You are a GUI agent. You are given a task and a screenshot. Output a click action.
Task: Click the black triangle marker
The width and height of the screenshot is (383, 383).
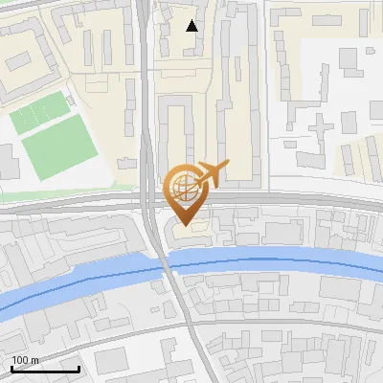(x=192, y=26)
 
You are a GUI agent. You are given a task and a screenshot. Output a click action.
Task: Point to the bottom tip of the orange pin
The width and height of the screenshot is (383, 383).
(x=186, y=225)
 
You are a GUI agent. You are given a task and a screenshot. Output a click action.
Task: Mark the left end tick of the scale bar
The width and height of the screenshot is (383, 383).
(x=11, y=368)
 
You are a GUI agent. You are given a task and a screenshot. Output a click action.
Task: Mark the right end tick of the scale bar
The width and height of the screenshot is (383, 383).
(x=79, y=368)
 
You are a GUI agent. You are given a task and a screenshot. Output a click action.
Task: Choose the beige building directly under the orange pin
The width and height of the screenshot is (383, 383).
(x=188, y=233)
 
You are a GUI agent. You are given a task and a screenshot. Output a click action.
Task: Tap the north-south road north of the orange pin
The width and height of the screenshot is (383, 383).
(x=146, y=96)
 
